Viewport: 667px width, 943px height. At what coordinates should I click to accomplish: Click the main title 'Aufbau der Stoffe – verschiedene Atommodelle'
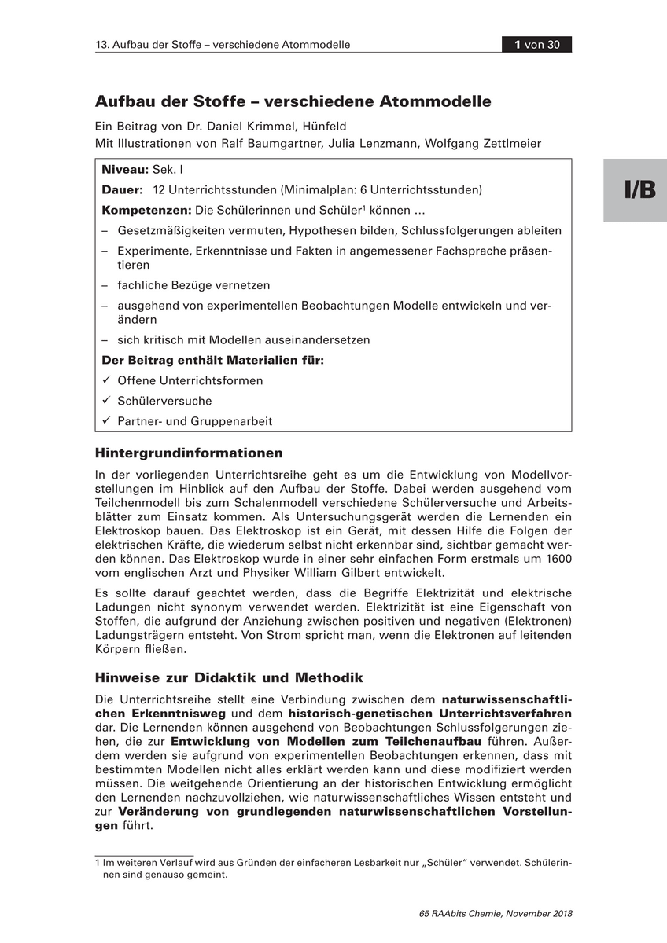pyautogui.click(x=293, y=101)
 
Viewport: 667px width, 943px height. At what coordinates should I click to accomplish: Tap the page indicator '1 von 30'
pyautogui.click(x=536, y=45)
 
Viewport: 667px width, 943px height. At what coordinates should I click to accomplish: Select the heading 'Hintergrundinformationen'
pyautogui.click(x=189, y=453)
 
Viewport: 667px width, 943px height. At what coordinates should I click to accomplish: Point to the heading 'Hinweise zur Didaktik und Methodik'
pyautogui.click(x=229, y=677)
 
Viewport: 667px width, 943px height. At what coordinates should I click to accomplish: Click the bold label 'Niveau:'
pyautogui.click(x=125, y=170)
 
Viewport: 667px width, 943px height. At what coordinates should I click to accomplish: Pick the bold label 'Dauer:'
pyautogui.click(x=122, y=190)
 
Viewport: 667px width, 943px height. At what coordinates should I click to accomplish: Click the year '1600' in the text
pyautogui.click(x=557, y=558)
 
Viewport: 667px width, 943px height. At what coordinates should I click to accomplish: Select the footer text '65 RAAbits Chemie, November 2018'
pyautogui.click(x=496, y=913)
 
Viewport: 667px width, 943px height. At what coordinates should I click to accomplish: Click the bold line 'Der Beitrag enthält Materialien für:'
pyautogui.click(x=213, y=361)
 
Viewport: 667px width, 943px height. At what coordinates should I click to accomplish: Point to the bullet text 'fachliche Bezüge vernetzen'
pyautogui.click(x=193, y=285)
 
